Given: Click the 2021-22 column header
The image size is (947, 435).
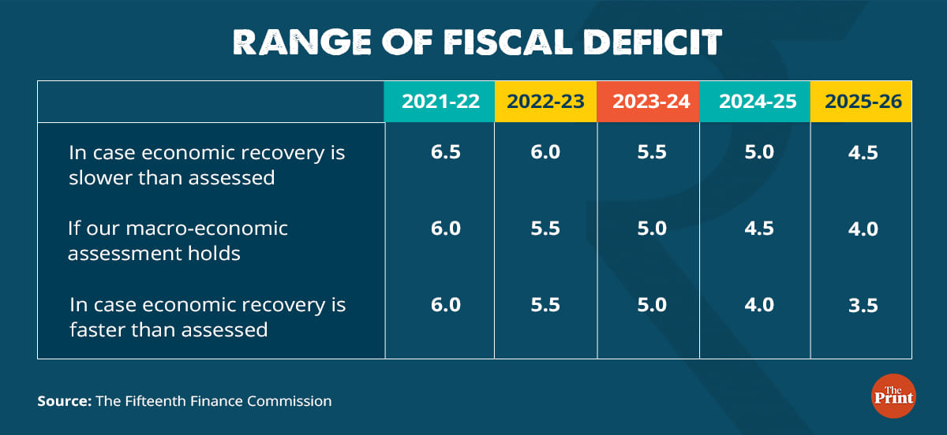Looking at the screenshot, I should click(440, 102).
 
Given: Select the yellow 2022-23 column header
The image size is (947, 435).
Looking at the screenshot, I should click(546, 102).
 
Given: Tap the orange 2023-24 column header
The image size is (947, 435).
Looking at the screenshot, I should click(649, 102).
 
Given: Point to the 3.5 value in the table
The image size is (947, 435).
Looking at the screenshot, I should click(863, 305).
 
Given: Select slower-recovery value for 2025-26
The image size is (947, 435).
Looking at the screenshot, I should click(863, 152).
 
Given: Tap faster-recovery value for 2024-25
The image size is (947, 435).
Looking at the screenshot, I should click(758, 305).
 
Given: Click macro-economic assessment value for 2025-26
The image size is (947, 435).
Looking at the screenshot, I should click(863, 229).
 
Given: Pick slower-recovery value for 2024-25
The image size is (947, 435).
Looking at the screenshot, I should click(758, 152).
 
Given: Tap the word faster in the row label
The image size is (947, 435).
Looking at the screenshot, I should click(95, 329).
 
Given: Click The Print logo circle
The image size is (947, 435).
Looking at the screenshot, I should click(893, 395).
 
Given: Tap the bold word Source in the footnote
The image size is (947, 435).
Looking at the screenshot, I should click(64, 401).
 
